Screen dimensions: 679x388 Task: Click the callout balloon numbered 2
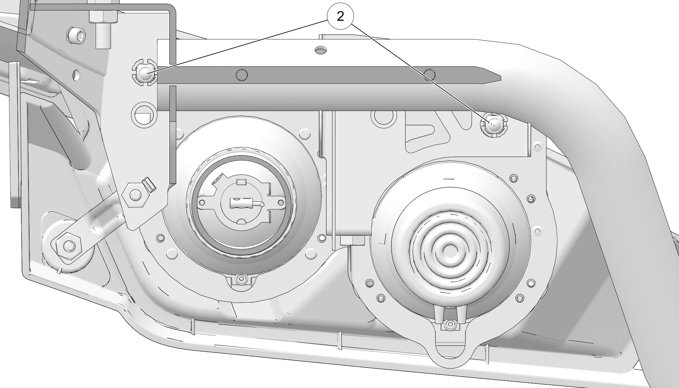click(340, 16)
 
